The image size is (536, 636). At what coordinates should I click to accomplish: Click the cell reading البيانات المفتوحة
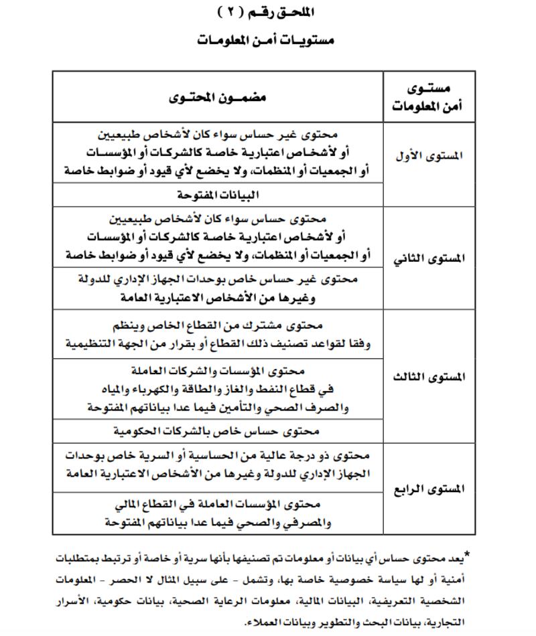pos(218,195)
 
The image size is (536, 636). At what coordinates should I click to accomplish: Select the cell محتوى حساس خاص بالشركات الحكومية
pos(218,430)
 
